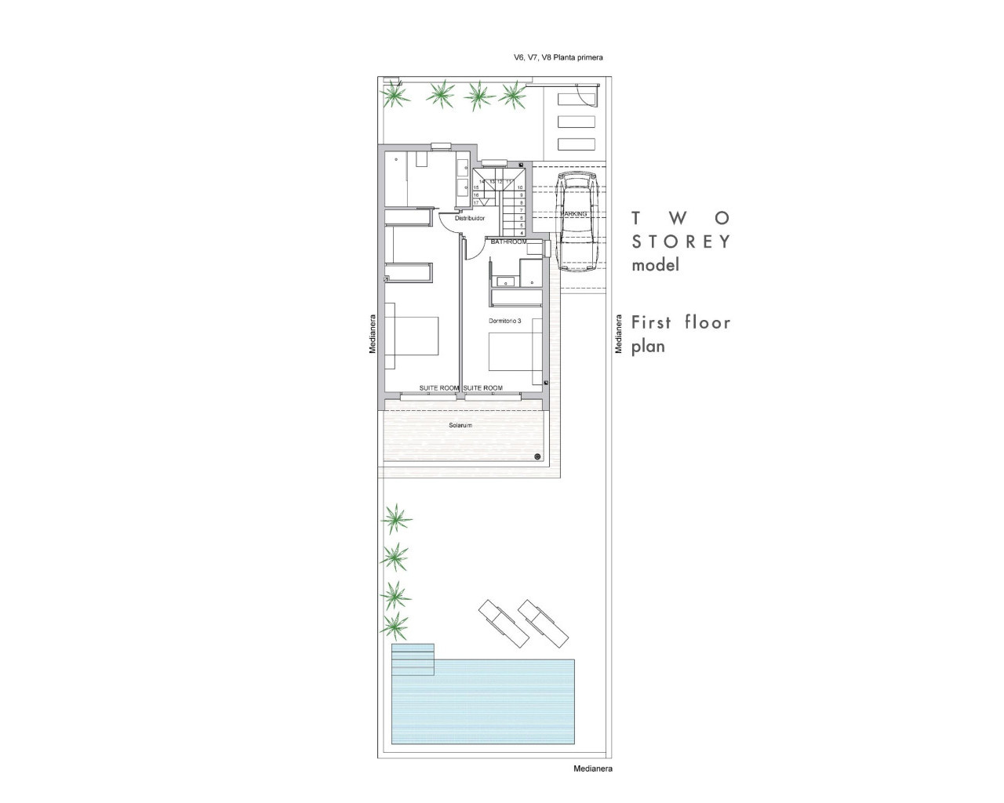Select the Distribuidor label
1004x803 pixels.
[470, 219]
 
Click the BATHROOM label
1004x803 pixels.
[508, 242]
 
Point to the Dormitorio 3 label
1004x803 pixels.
[504, 321]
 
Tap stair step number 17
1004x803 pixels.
[475, 202]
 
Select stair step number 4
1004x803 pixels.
[522, 233]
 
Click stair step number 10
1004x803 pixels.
[521, 188]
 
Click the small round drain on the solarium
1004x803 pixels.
[537, 456]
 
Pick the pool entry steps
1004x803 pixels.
[413, 659]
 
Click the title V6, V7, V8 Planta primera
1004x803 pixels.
[558, 57]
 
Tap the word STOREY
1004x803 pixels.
[681, 242]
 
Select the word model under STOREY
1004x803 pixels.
[655, 265]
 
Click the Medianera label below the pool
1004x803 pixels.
[592, 769]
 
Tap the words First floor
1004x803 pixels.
[681, 322]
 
